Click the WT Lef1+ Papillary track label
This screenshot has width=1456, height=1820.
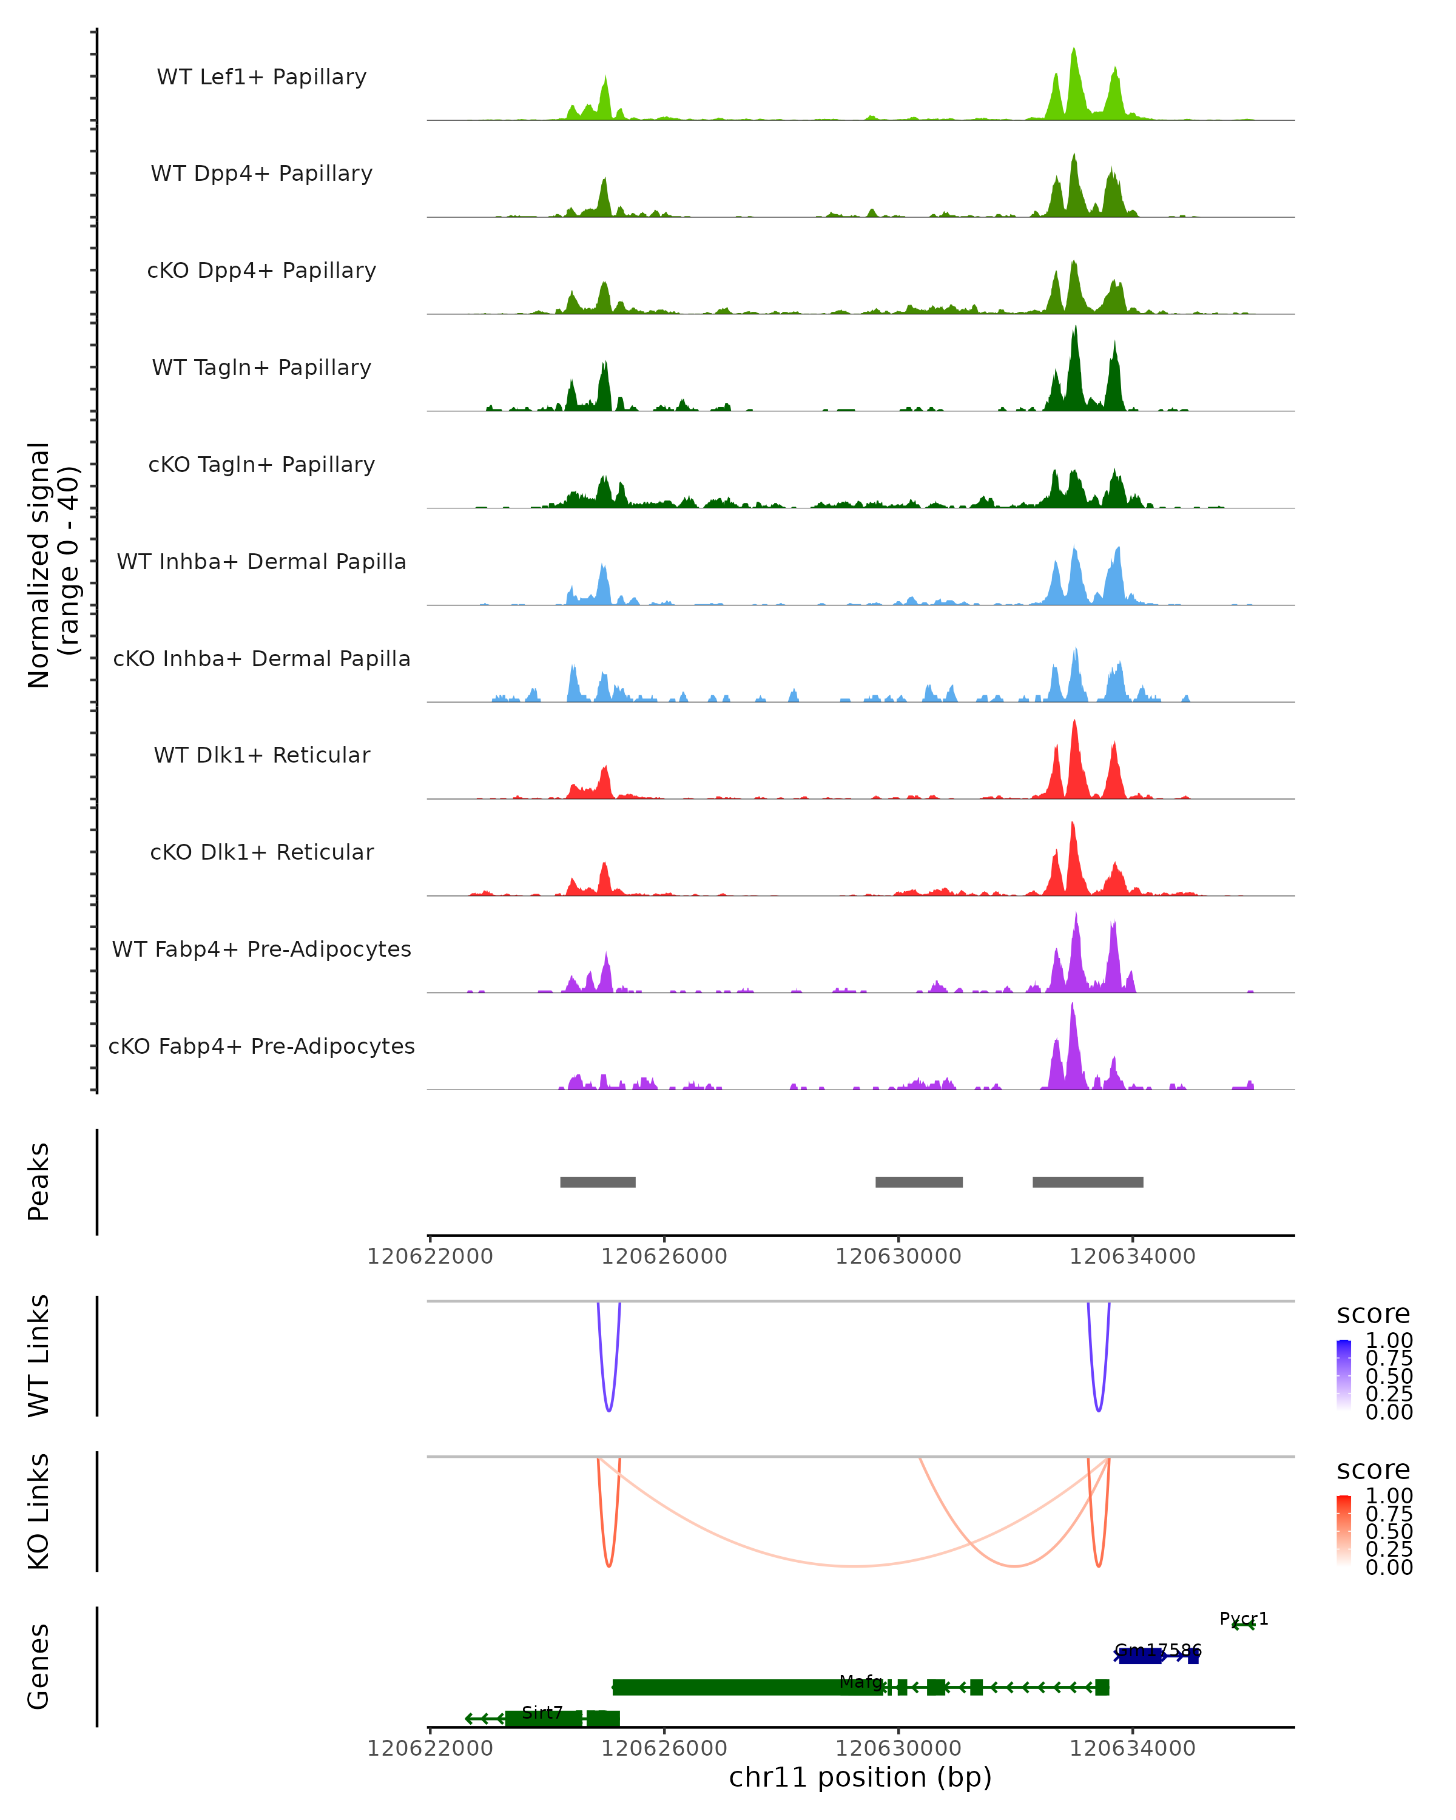tap(261, 77)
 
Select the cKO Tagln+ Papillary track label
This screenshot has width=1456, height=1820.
tap(261, 464)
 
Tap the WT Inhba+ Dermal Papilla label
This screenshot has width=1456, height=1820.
tap(261, 561)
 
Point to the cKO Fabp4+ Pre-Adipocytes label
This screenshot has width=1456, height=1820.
tap(261, 1046)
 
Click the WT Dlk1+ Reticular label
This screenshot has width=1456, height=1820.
tap(261, 755)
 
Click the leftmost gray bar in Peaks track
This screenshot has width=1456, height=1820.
tap(598, 1182)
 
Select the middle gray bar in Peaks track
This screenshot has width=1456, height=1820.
tap(918, 1182)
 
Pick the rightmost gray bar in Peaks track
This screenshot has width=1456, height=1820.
tap(1087, 1182)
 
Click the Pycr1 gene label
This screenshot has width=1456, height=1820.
tap(1243, 1618)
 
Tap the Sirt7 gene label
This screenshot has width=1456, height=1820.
tap(542, 1712)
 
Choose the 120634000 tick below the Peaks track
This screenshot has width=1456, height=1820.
tap(1132, 1256)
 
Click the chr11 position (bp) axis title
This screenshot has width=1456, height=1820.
tap(860, 1777)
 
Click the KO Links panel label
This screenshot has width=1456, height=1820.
tap(39, 1511)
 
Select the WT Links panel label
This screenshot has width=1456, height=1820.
tap(39, 1356)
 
